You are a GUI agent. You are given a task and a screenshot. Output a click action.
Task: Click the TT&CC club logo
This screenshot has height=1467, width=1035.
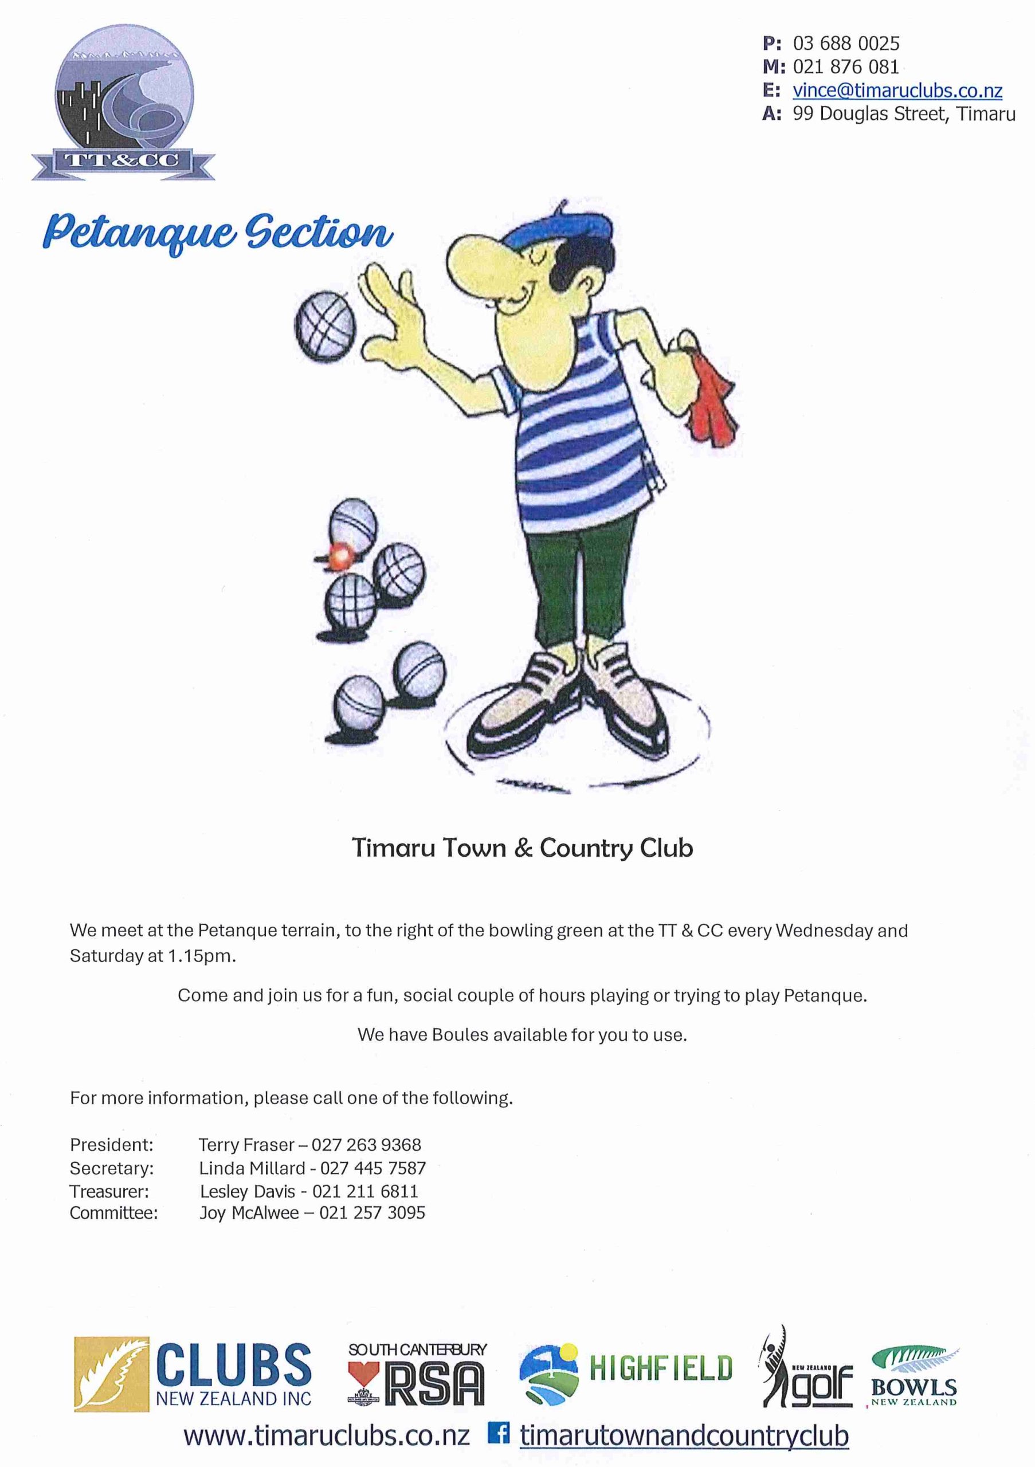tap(123, 107)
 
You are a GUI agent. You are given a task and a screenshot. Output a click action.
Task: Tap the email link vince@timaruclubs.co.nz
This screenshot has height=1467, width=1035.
tap(897, 91)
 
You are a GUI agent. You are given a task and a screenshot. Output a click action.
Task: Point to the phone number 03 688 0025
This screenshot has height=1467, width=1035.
tap(846, 44)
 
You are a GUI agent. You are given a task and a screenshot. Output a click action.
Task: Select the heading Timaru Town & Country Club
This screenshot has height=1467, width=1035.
tap(522, 848)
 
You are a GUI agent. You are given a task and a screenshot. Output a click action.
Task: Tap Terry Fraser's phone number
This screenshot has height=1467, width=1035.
tap(366, 1144)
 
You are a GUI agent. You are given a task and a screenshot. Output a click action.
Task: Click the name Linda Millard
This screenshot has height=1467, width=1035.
tap(252, 1168)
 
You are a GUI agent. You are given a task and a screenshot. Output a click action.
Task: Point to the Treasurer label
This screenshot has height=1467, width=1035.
tap(109, 1191)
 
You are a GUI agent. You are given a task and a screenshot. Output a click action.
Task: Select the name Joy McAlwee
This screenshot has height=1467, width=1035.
tap(249, 1213)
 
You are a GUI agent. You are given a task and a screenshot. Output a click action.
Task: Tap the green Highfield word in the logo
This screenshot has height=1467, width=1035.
tap(660, 1368)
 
